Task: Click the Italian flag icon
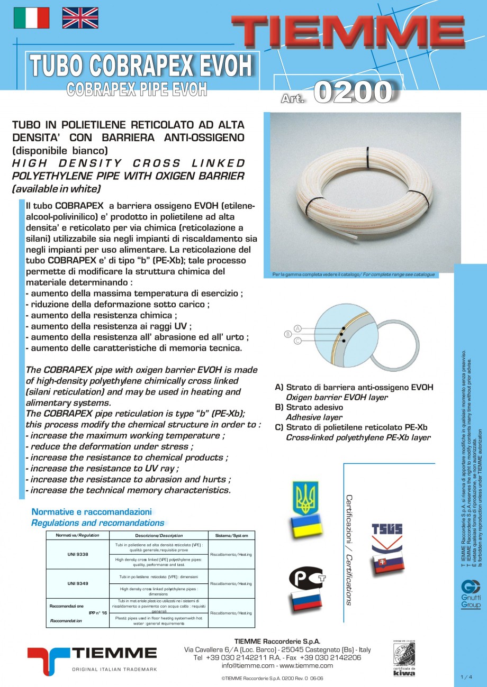[31, 18]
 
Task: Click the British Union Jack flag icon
[80, 18]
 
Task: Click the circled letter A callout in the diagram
[298, 328]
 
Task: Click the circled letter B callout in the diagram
[288, 334]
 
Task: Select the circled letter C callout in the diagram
[298, 341]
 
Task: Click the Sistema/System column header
[231, 536]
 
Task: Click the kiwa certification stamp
[404, 658]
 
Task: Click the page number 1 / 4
[466, 676]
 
